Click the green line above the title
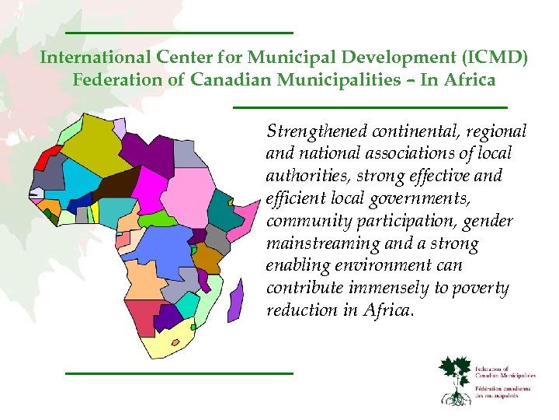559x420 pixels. pos(179,33)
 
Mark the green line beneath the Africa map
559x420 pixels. pos(179,373)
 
